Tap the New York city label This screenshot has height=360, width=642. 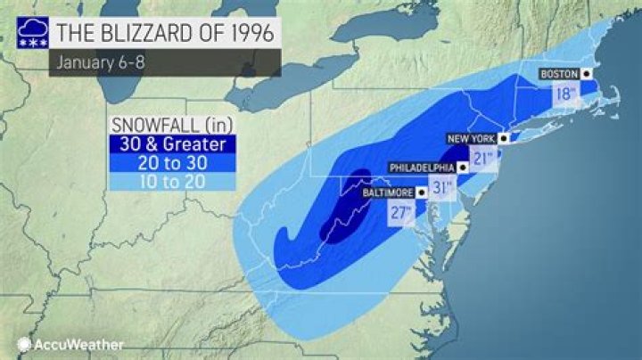pos(470,139)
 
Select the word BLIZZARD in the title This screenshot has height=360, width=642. pos(139,33)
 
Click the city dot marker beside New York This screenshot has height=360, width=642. pos(504,139)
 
